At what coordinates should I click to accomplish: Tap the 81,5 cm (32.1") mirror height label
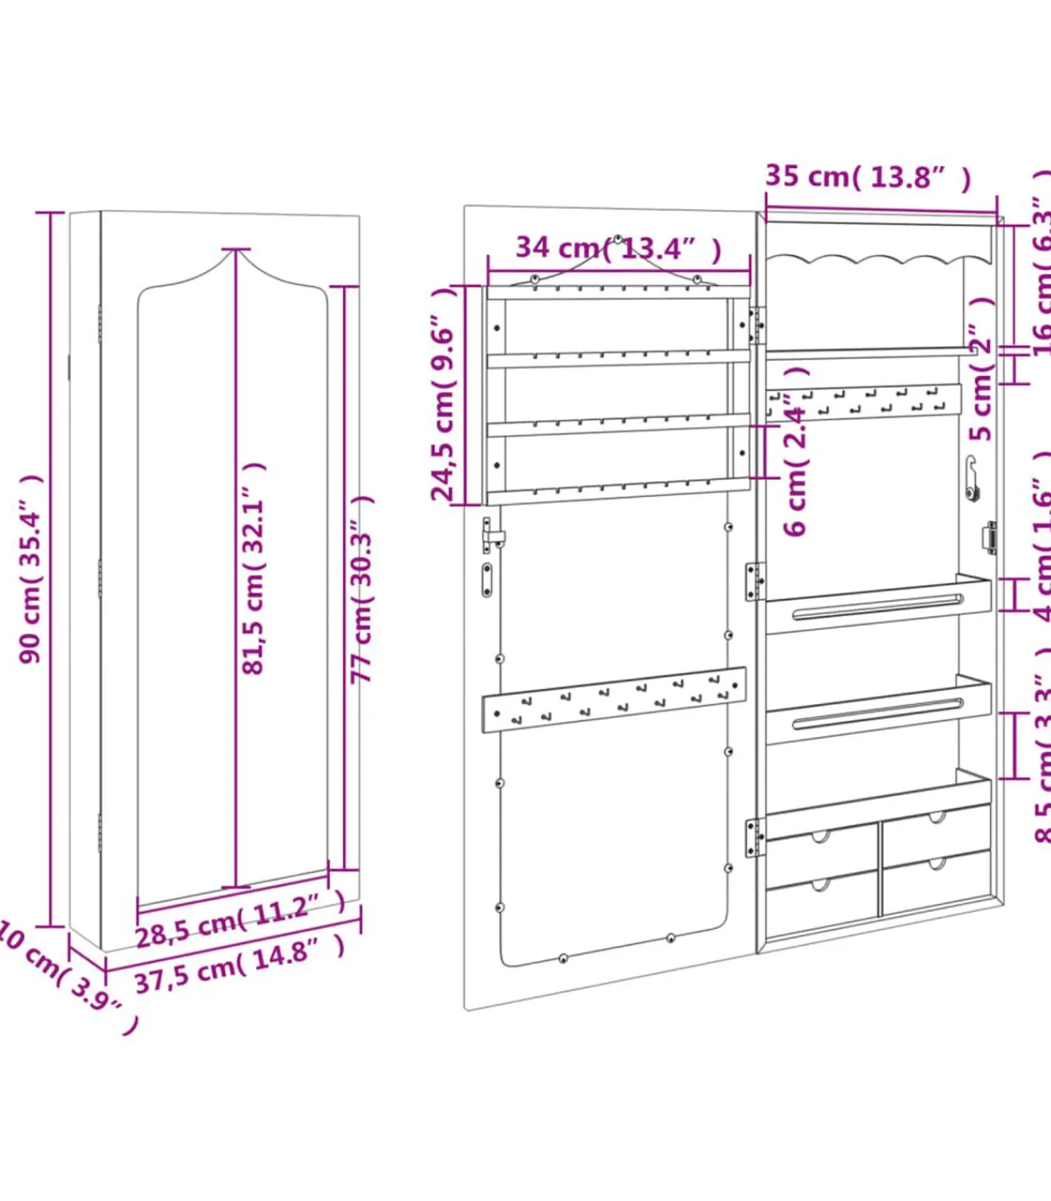tap(254, 569)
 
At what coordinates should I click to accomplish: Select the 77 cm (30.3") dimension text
tap(362, 589)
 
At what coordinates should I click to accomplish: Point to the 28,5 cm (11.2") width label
tap(239, 920)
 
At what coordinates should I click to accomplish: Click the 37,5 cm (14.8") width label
tap(239, 965)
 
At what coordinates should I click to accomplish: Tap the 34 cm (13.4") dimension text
tap(618, 248)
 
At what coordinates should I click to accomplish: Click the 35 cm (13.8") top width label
tap(867, 177)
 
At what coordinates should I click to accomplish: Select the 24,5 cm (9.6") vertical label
tap(443, 394)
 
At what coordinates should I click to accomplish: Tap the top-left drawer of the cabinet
tap(821, 850)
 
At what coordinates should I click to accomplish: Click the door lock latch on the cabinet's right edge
tap(989, 538)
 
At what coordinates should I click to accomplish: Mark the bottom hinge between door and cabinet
tap(754, 837)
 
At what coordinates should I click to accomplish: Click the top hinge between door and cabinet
tap(756, 325)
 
